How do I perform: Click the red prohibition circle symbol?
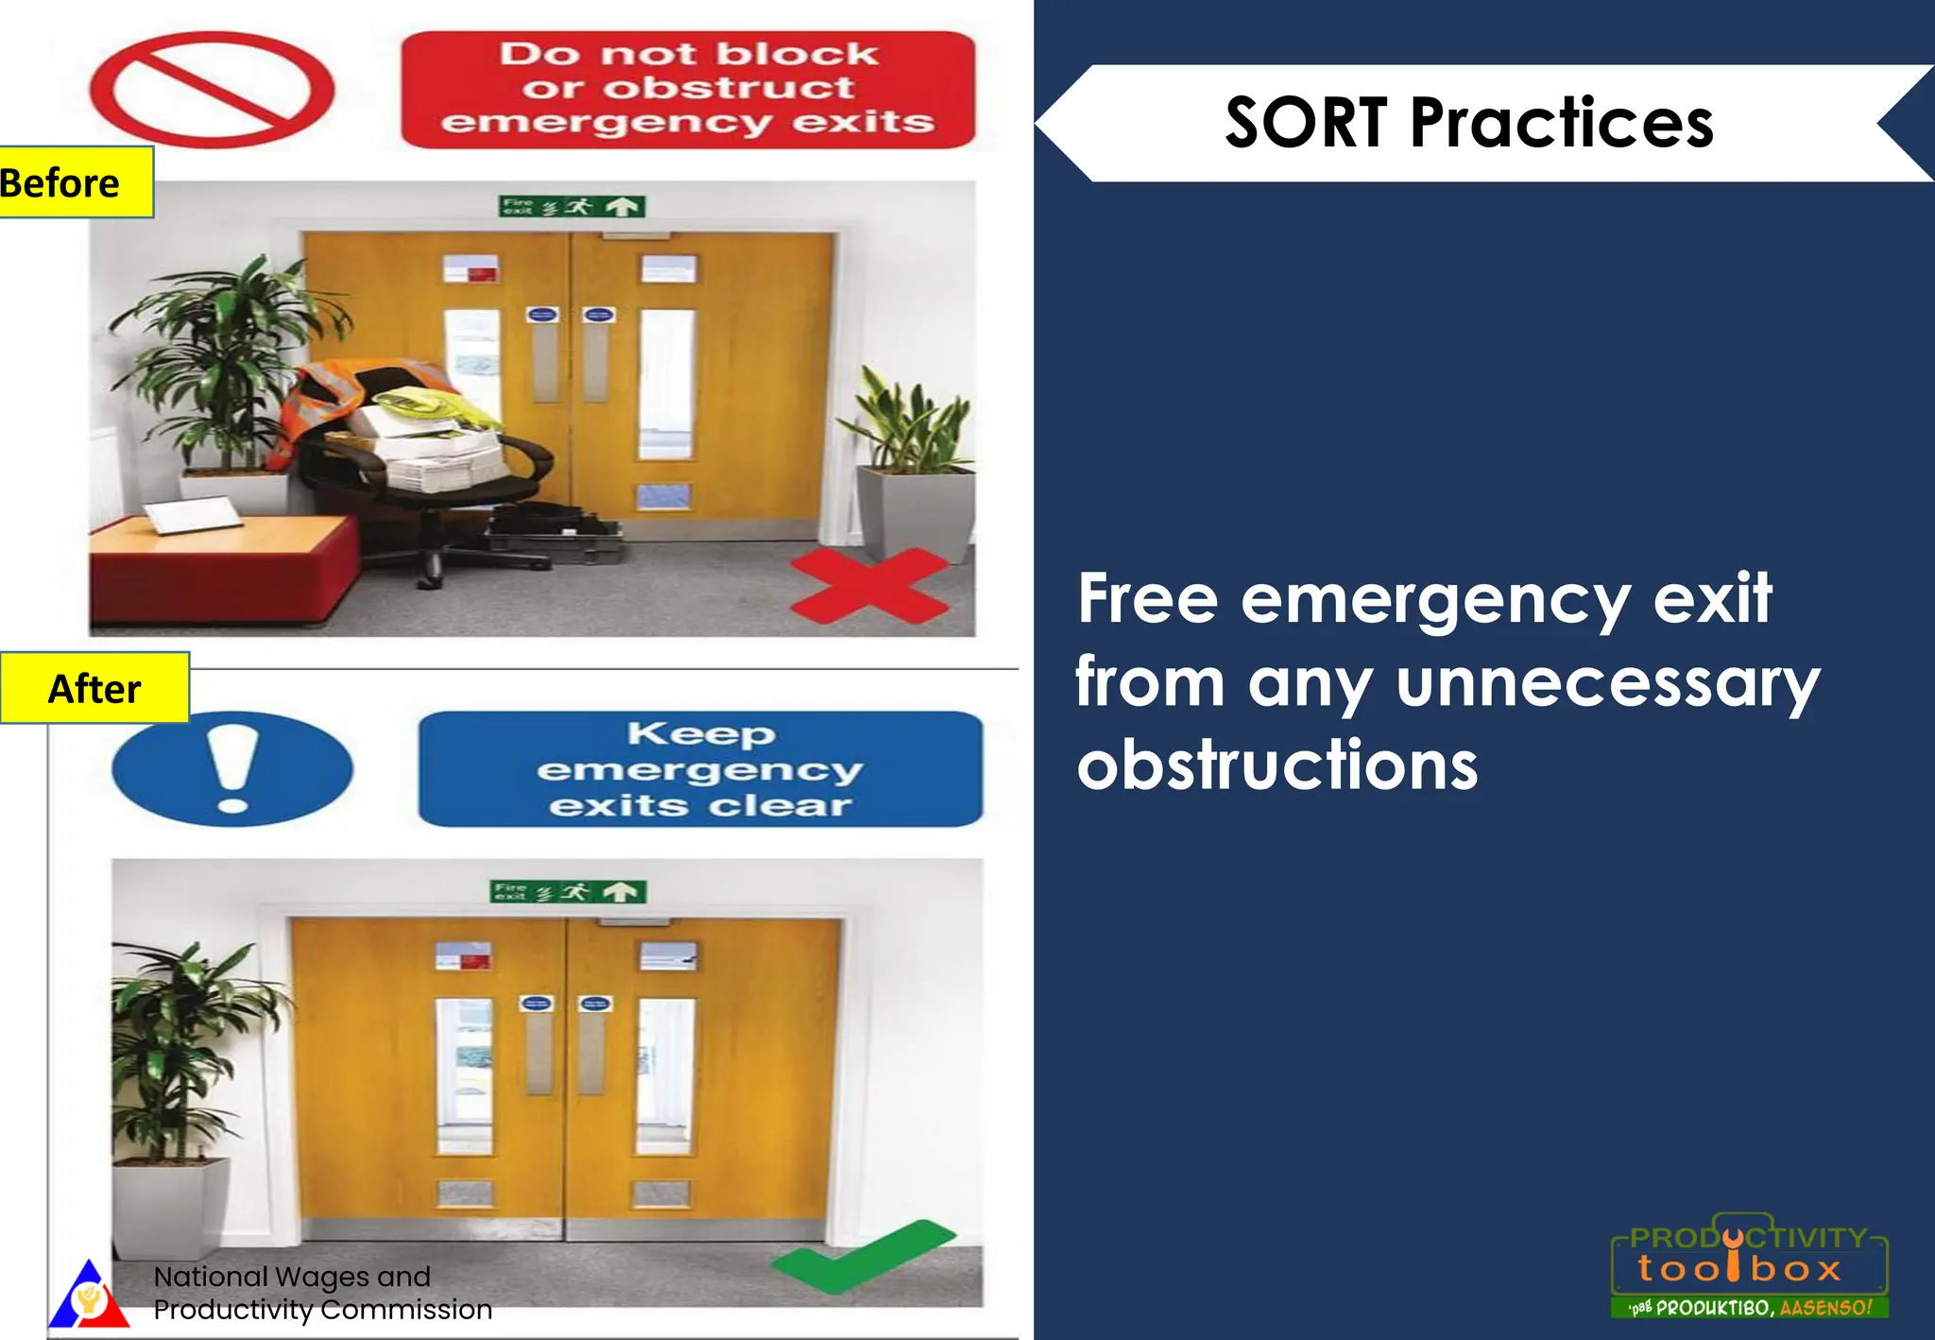(x=213, y=90)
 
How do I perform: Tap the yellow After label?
(x=94, y=688)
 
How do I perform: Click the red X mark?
(x=869, y=586)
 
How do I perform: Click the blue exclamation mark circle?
(x=232, y=768)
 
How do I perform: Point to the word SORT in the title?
(x=1305, y=123)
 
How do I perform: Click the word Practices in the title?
(x=1562, y=123)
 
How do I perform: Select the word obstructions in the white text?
(x=1277, y=765)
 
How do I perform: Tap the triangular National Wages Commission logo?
(x=88, y=1295)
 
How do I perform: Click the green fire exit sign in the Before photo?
(x=572, y=206)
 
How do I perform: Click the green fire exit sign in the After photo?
(x=568, y=891)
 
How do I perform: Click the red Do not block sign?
(x=688, y=89)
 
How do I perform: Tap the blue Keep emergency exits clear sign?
(x=700, y=768)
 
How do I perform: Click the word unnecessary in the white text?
(x=1607, y=683)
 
